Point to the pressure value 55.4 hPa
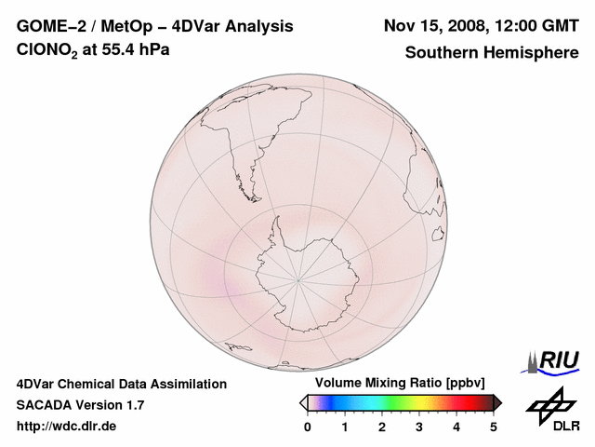coord(139,51)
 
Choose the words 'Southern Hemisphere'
coord(491,52)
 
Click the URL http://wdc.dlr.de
coord(67,427)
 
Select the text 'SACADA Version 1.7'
coord(80,405)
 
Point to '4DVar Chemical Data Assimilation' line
coord(121,384)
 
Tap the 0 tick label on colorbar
coord(308,427)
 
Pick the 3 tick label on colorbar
coord(419,427)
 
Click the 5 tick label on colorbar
coord(494,427)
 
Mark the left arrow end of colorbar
coord(303,402)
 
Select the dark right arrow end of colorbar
coord(497,402)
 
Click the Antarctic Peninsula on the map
coord(276,227)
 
